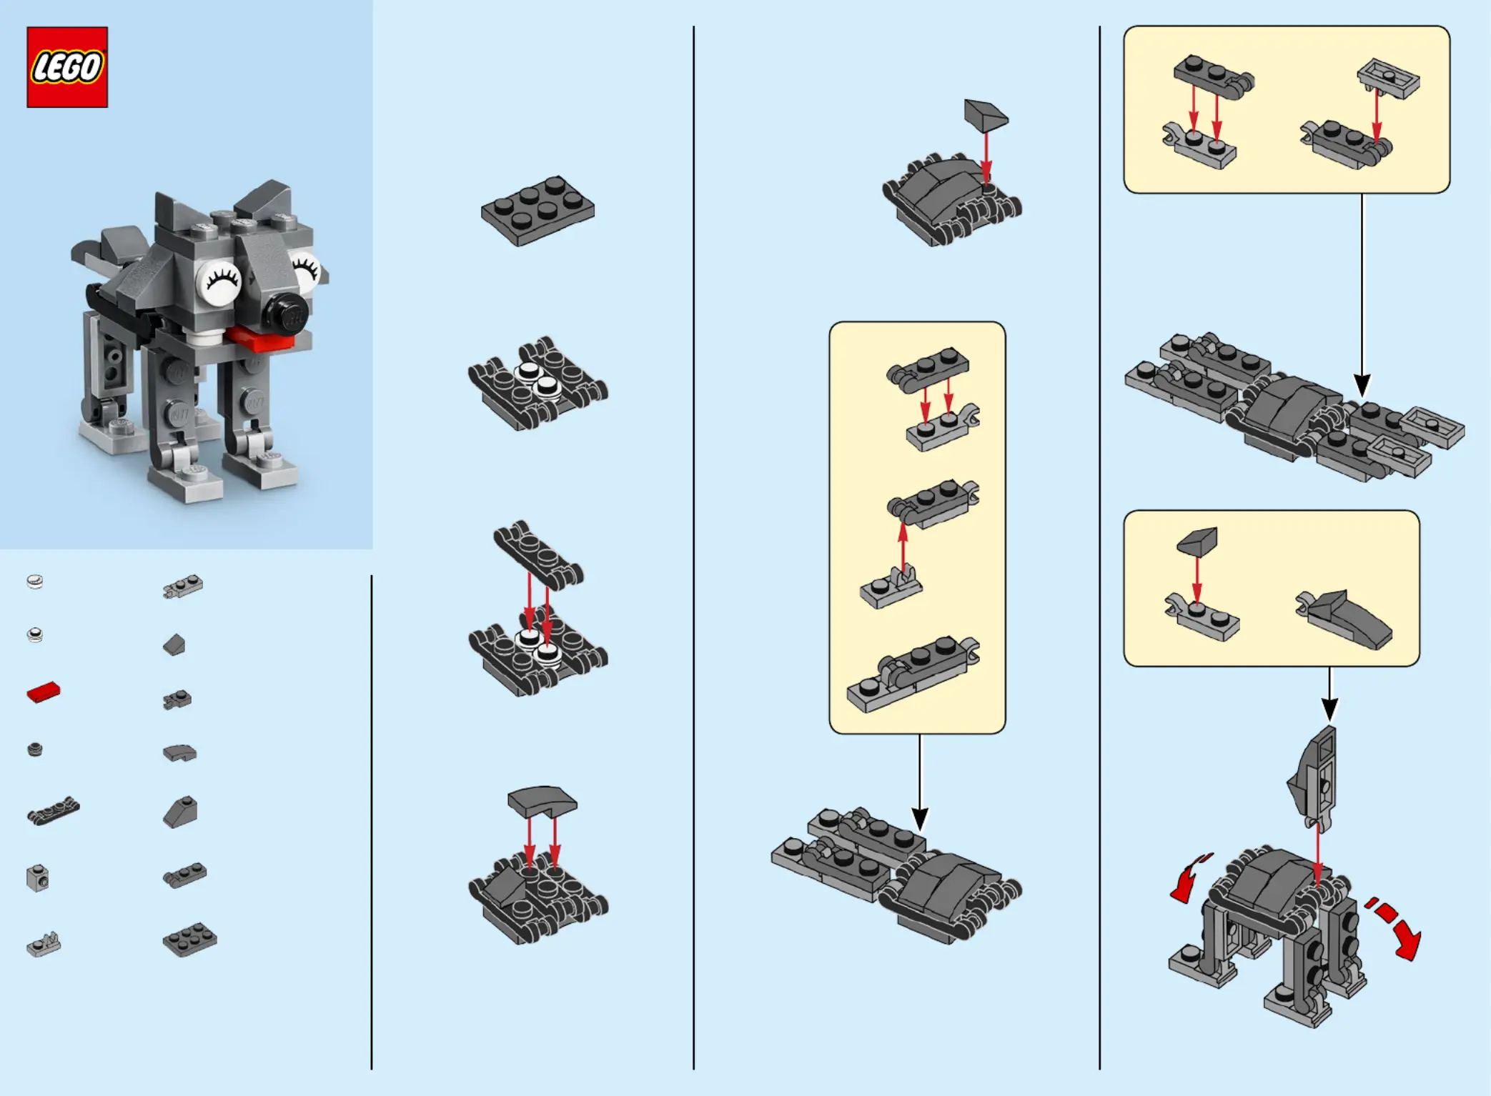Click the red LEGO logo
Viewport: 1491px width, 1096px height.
(67, 67)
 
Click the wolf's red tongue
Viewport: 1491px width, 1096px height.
(260, 339)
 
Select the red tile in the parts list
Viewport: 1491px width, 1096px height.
(44, 692)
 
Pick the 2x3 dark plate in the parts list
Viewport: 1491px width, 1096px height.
(189, 939)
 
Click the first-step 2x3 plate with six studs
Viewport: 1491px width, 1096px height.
(538, 211)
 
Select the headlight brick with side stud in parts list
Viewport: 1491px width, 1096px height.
(38, 878)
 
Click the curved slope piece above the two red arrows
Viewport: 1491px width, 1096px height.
(542, 802)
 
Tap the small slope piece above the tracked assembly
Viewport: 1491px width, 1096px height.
(986, 115)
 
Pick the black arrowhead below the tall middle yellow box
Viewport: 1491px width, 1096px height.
(920, 819)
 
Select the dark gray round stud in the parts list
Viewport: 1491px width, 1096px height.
(35, 749)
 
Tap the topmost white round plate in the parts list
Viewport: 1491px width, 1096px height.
(35, 582)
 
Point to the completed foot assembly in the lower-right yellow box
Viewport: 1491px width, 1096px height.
(1344, 619)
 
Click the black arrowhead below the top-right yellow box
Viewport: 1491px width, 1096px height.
(1362, 386)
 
